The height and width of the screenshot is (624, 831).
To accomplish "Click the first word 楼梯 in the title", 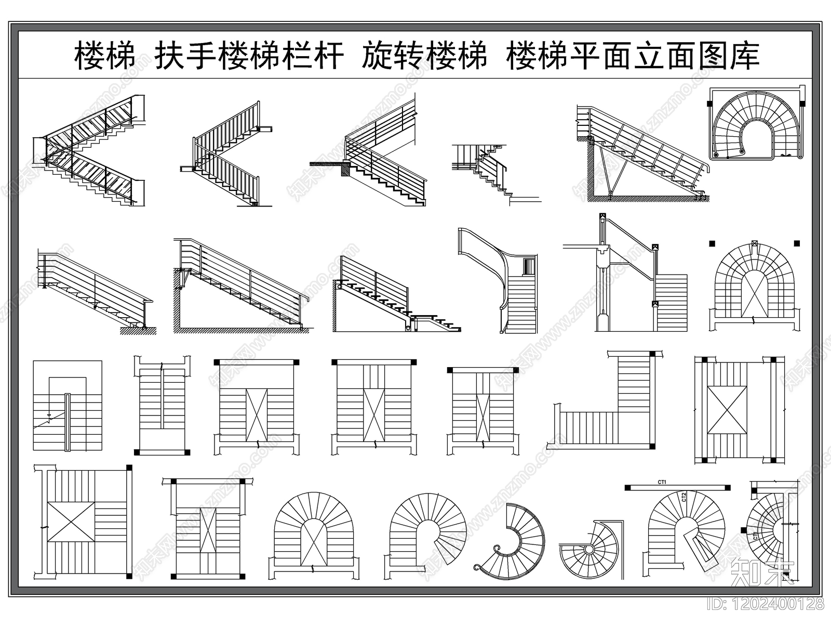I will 105,56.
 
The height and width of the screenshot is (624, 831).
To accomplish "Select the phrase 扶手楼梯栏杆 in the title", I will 249,56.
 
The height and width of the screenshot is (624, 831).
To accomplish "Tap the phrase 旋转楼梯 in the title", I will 424,56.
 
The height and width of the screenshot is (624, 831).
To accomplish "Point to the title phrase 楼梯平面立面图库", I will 633,56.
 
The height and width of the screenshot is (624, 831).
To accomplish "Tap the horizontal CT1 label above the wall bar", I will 662,482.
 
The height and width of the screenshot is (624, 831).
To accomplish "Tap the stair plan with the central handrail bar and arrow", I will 68,406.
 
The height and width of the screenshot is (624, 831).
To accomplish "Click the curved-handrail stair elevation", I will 499,281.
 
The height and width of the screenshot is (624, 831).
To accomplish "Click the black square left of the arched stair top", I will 713,243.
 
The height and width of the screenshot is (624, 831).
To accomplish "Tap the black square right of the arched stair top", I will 797,243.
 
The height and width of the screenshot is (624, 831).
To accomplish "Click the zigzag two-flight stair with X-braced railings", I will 88,151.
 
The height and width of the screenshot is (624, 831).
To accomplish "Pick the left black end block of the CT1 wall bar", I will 627,488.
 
